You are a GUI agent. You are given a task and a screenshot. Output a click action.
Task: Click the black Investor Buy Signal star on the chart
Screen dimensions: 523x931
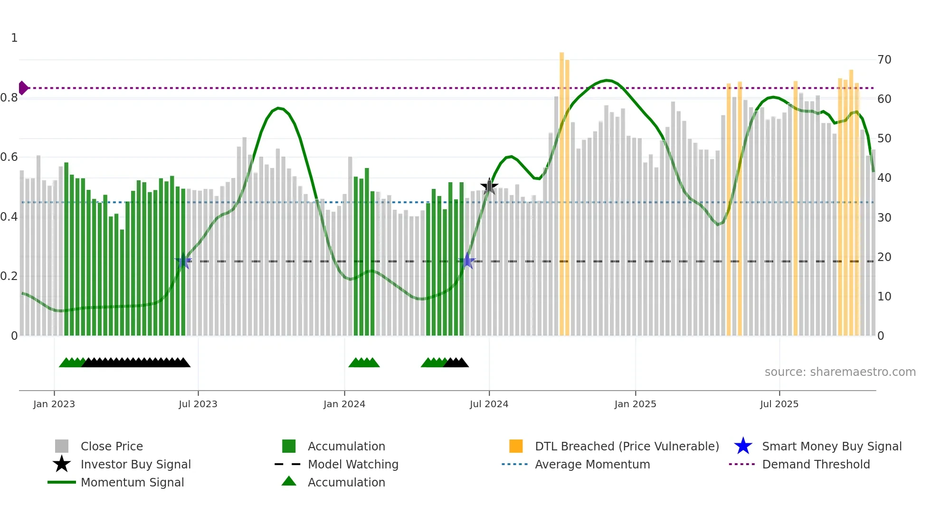489,187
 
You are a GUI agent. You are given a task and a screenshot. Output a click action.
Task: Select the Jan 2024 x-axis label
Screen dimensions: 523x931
344,404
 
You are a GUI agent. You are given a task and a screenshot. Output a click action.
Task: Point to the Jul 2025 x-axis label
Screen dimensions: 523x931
779,404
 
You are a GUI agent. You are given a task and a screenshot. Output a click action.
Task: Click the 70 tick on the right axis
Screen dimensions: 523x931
884,60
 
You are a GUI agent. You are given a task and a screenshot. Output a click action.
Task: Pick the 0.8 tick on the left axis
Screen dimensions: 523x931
9,98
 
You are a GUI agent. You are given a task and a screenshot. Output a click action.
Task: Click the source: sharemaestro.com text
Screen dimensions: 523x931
840,372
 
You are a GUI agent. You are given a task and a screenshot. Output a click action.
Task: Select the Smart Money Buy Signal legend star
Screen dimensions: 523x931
743,446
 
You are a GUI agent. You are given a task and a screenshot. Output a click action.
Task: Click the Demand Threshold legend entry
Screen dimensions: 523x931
816,464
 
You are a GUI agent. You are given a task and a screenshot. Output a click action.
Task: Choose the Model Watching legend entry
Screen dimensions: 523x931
352,464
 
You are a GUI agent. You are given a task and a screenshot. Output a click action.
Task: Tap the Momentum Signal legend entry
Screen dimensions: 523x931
132,482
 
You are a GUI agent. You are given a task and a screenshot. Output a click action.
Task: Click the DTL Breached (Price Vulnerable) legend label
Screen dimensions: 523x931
627,446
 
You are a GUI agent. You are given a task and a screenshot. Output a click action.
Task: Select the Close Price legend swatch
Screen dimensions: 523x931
62,446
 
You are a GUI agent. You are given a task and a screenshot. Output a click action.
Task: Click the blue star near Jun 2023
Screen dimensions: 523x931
183,261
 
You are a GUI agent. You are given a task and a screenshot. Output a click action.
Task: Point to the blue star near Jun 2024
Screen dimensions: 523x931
467,261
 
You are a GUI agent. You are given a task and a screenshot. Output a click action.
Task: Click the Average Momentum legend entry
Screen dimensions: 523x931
592,464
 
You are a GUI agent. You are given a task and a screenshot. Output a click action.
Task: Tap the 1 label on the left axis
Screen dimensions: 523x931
14,38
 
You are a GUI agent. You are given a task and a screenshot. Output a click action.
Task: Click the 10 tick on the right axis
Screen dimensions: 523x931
884,297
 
